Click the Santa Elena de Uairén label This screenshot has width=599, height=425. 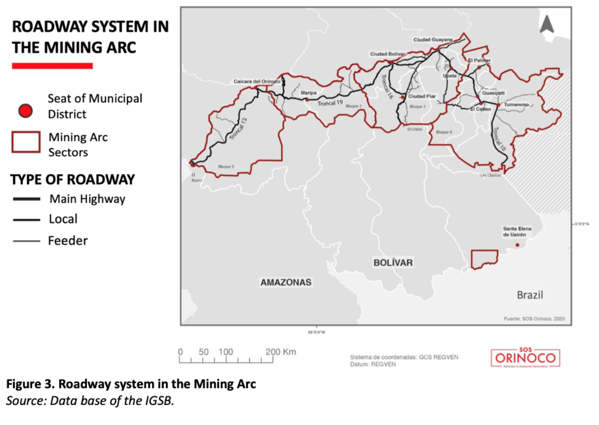coord(517,232)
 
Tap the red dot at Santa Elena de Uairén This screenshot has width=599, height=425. coord(517,245)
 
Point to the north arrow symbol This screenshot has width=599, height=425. coord(547,24)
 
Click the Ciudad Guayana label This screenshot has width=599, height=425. coord(433,39)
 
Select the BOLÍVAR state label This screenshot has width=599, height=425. coord(393,262)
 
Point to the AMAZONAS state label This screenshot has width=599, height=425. coord(286,282)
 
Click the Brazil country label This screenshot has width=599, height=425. coord(530,295)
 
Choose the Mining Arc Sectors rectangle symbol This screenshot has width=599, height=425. coord(26,142)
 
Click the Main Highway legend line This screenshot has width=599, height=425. coord(26,199)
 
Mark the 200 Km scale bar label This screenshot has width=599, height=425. coord(280,352)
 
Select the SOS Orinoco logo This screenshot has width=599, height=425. coord(525,357)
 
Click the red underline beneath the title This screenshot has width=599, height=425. coord(52,66)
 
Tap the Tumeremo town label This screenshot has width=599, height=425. coord(517,104)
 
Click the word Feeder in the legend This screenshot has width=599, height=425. coord(68,241)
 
